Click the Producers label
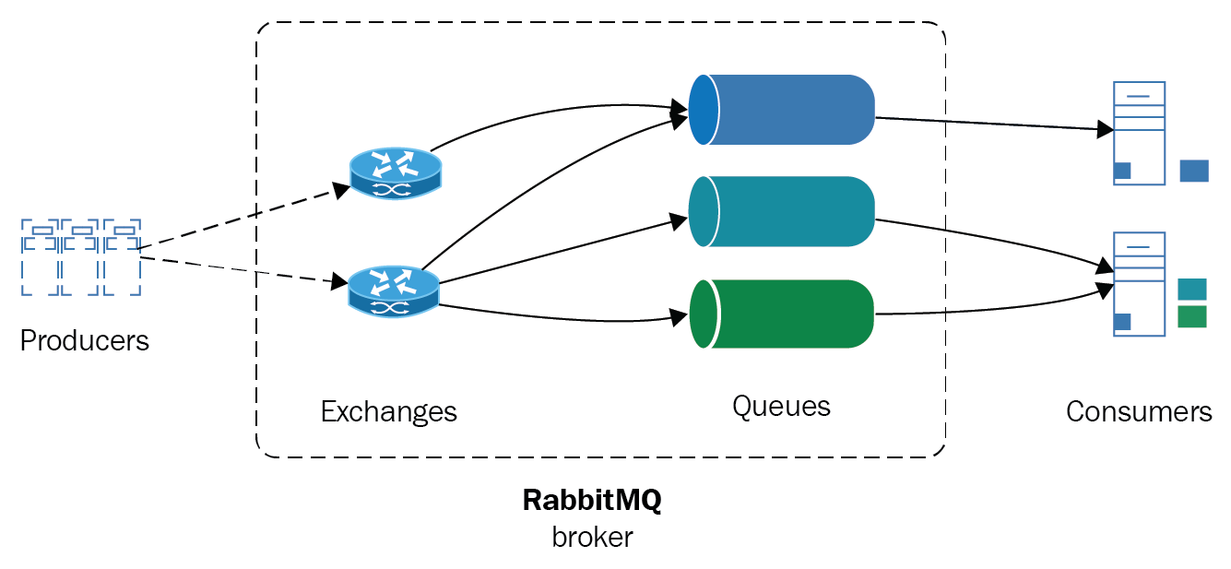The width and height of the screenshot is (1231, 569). pyautogui.click(x=84, y=340)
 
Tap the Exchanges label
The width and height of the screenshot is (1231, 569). pyautogui.click(x=388, y=411)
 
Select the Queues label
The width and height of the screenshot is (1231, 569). pyautogui.click(x=781, y=406)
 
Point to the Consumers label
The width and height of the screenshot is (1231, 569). pyautogui.click(x=1138, y=411)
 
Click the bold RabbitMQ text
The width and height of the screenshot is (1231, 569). pyautogui.click(x=592, y=500)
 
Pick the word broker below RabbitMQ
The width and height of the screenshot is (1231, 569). pyautogui.click(x=592, y=537)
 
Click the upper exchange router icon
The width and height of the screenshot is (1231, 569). pyautogui.click(x=396, y=174)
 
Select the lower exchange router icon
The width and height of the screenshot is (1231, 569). pyautogui.click(x=394, y=290)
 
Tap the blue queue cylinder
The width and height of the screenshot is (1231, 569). pyautogui.click(x=782, y=109)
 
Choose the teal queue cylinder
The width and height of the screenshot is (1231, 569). pyautogui.click(x=782, y=211)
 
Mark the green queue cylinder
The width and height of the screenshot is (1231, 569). pyautogui.click(x=782, y=314)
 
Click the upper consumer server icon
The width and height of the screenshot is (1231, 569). pyautogui.click(x=1139, y=133)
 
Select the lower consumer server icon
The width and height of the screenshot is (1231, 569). pyautogui.click(x=1139, y=284)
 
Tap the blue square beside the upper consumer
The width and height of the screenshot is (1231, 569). pyautogui.click(x=1194, y=171)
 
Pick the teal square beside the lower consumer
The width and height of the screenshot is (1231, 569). pyautogui.click(x=1192, y=289)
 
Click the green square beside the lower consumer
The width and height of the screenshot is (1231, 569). pyautogui.click(x=1192, y=317)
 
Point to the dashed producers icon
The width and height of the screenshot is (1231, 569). pyautogui.click(x=81, y=257)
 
